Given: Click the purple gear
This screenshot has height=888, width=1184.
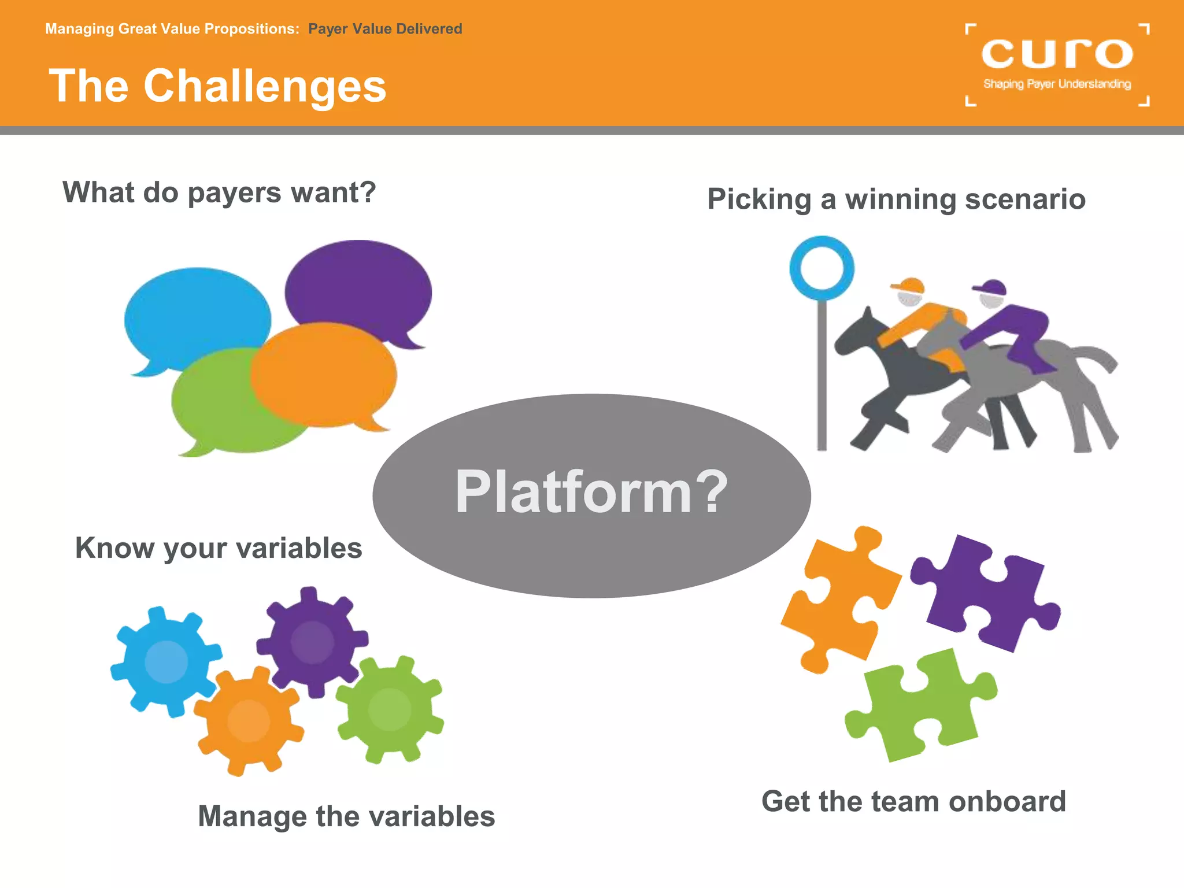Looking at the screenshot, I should click(x=312, y=642).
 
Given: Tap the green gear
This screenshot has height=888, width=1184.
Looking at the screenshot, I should click(x=390, y=710).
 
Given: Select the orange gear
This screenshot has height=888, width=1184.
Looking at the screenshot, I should click(x=249, y=721).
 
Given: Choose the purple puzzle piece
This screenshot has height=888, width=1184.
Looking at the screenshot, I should click(x=989, y=595).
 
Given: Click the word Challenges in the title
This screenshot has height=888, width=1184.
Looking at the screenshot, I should click(x=265, y=86).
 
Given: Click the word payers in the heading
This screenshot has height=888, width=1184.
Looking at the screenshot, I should click(x=235, y=193).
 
